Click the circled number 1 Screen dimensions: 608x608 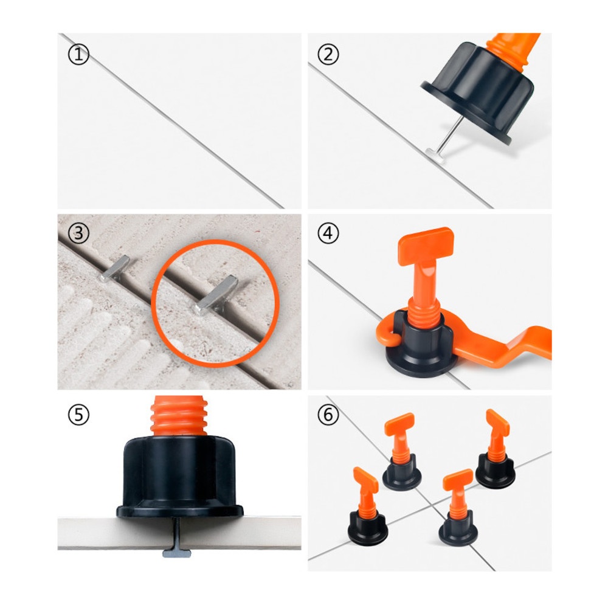pos(78,55)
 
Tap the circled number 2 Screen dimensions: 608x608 pos(328,55)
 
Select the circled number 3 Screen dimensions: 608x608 pos(78,233)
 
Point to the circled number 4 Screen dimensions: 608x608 pos(328,233)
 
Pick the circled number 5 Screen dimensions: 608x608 pos(78,415)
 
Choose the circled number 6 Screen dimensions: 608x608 pos(328,415)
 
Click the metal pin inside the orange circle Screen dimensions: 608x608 pos(216,295)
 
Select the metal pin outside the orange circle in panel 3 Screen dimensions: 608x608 pos(114,268)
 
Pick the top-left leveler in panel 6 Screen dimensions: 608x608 pos(402,452)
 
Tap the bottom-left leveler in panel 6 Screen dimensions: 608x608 pos(367,507)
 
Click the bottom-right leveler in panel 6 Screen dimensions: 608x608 pos(458,508)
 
